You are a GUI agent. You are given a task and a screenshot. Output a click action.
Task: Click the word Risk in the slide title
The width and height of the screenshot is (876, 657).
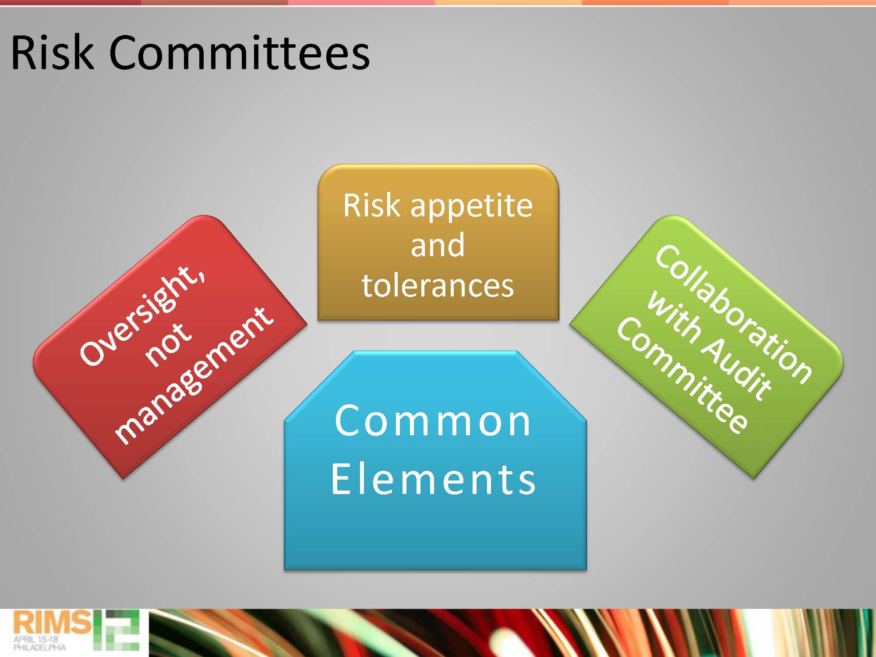(52, 52)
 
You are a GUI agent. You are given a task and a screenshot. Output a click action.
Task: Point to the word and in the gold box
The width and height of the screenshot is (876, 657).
(438, 245)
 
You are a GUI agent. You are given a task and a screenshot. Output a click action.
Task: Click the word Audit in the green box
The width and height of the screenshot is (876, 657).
(736, 368)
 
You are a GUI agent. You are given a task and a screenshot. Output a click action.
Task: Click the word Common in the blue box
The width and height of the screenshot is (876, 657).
(433, 421)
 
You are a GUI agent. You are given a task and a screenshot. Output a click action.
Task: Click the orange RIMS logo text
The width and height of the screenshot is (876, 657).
(52, 622)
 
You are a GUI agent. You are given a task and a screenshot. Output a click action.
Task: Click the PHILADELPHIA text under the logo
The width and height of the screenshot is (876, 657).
(40, 647)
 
